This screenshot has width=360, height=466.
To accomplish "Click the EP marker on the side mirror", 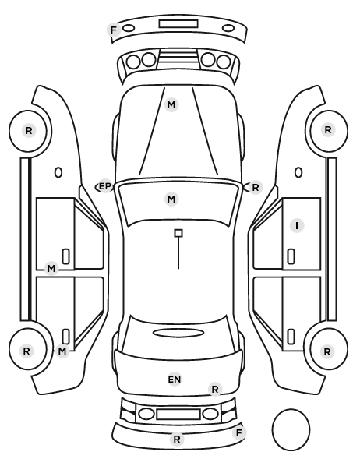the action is (x=104, y=187).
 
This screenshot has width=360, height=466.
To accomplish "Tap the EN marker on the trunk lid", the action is (x=175, y=380).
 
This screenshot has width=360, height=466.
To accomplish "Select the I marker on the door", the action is (x=297, y=226).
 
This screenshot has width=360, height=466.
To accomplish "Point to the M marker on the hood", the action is (x=171, y=105).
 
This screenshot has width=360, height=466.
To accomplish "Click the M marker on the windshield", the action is (x=171, y=199).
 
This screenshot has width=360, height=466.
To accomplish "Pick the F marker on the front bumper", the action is (x=114, y=30).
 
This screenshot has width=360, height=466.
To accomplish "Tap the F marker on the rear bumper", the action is (x=239, y=433).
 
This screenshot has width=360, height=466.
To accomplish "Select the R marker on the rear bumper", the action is (x=177, y=439).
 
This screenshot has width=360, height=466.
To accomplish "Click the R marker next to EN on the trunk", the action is (x=215, y=389).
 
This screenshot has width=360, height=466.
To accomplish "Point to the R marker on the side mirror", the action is (x=256, y=188).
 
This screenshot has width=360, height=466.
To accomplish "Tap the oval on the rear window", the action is (x=178, y=333).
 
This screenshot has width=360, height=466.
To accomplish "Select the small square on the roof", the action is (x=178, y=233).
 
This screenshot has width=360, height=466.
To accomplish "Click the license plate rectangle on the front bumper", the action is (x=178, y=24).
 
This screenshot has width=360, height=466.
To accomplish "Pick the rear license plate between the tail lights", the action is (x=178, y=414).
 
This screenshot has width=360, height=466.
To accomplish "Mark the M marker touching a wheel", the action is (x=62, y=351).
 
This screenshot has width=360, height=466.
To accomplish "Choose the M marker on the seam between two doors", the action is (x=51, y=269).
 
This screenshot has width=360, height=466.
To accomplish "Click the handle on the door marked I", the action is (x=291, y=256).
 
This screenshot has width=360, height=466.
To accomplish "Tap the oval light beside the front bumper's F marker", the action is (x=129, y=28).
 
